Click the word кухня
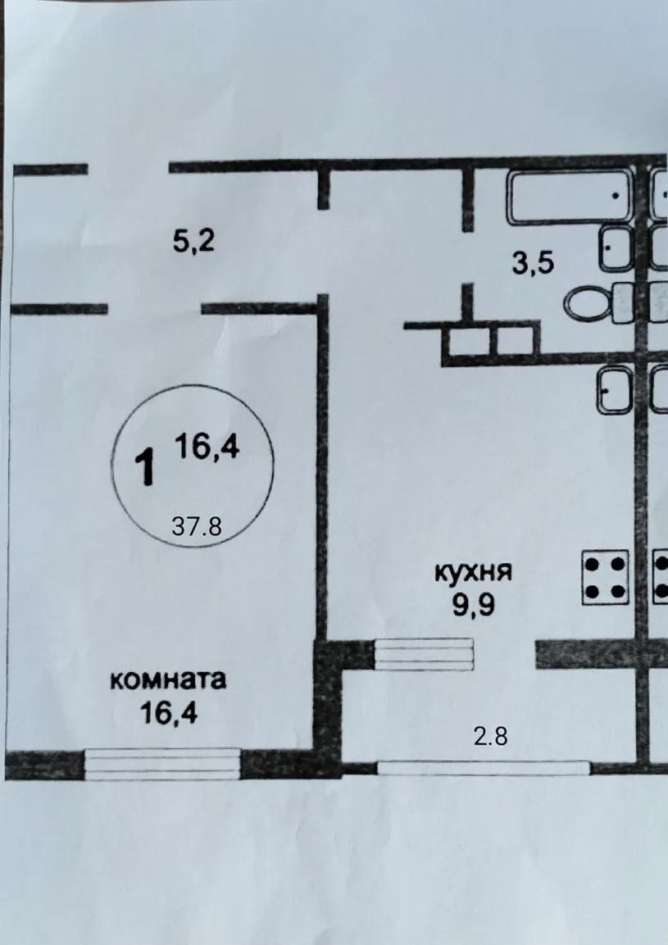coord(473,571)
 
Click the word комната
coord(168,680)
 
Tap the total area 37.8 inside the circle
coord(197,526)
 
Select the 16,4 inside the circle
coord(206,448)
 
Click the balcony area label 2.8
coord(491,736)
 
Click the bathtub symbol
coord(570,196)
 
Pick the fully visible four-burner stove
coord(605,578)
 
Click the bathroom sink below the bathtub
coord(615,248)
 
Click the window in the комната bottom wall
coord(162,764)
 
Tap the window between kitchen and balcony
coord(424,654)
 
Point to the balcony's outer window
coord(483,768)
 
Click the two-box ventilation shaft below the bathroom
coord(491,341)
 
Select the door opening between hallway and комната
coord(154,309)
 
